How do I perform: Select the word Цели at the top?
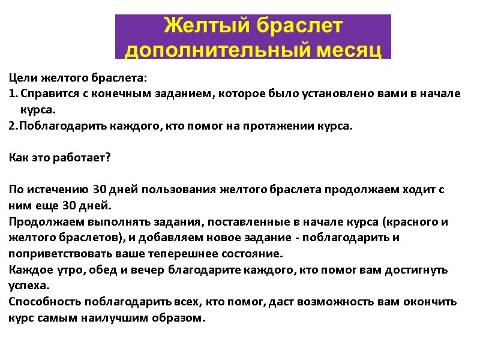(22, 79)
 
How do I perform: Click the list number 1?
(13, 94)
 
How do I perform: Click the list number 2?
(13, 127)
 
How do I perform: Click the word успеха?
(29, 286)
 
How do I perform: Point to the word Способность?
(44, 301)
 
